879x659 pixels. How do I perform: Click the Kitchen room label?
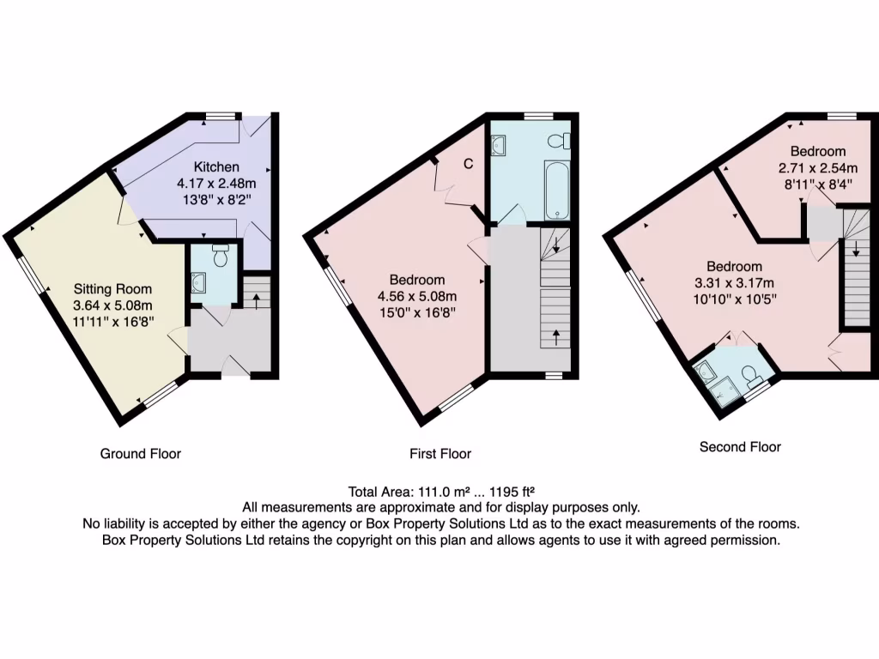point(216,166)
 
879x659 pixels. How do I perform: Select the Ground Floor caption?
point(141,453)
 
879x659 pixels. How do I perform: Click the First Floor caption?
point(440,453)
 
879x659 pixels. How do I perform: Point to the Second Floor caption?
point(740,446)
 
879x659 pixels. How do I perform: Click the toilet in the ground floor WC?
point(220,256)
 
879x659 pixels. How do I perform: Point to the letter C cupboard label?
point(469,165)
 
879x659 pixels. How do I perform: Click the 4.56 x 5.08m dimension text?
point(417,296)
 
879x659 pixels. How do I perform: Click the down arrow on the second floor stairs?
point(856,250)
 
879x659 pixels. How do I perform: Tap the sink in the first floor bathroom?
point(500,145)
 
